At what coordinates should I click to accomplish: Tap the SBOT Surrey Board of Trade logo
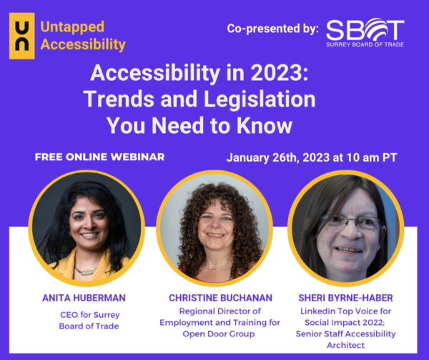pyautogui.click(x=365, y=32)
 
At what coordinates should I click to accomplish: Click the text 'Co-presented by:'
pyautogui.click(x=272, y=29)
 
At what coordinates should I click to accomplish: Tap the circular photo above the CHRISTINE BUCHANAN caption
pyautogui.click(x=214, y=228)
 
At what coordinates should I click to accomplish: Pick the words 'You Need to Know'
pyautogui.click(x=199, y=125)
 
